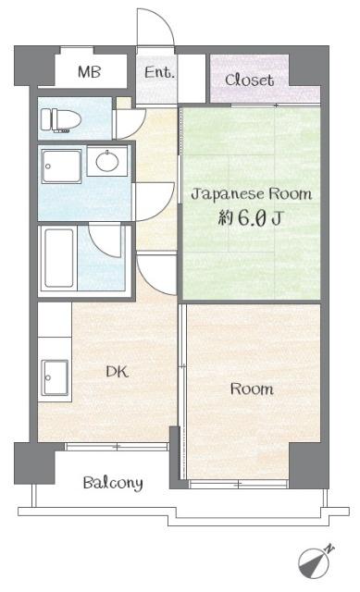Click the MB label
click(x=89, y=71)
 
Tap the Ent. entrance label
click(x=159, y=71)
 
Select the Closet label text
click(x=250, y=80)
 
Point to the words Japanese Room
click(x=251, y=194)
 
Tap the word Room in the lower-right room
click(x=252, y=389)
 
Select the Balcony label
click(x=113, y=482)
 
